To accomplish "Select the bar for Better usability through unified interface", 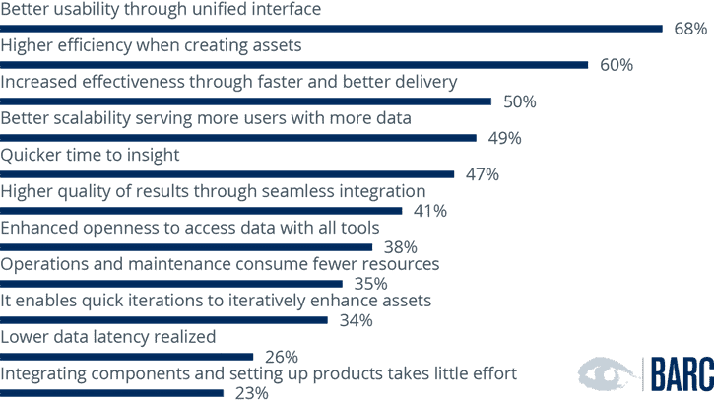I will click(331, 29).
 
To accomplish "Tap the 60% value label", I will click(617, 65).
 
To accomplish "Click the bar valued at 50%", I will click(245, 101).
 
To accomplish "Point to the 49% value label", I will click(504, 138).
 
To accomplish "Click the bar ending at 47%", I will click(227, 174).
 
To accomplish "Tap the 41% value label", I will click(430, 211).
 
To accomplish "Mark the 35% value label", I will click(370, 284).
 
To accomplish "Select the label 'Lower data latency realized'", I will click(108, 337).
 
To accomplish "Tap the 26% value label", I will click(282, 357).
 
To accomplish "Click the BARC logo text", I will click(680, 375).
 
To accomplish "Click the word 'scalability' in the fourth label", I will click(93, 118).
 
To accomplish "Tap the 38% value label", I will click(401, 247).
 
